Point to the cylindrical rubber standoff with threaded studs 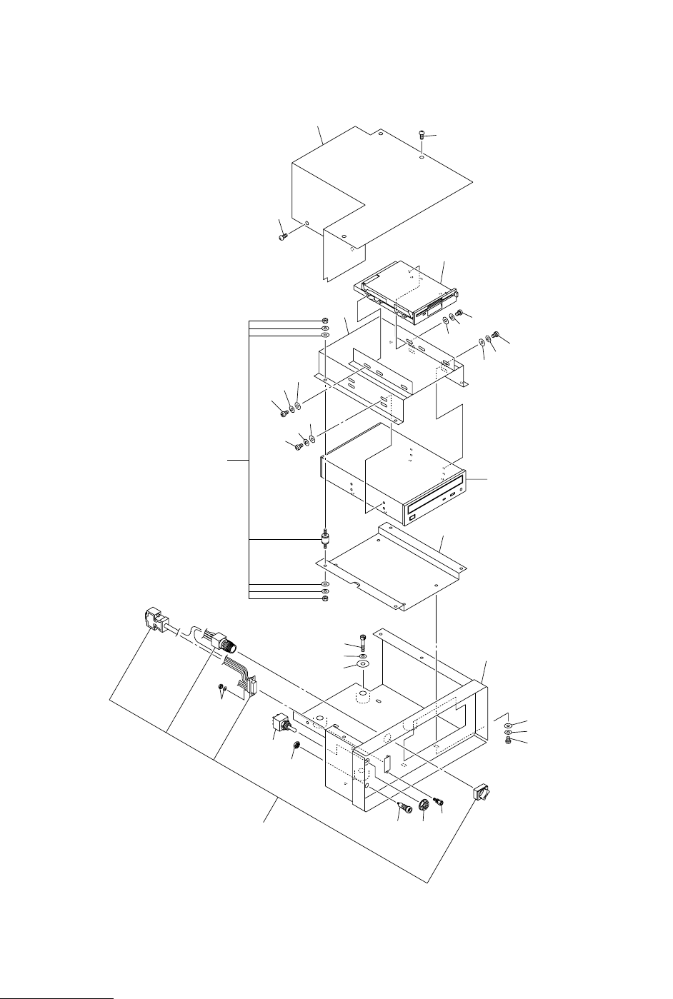pyautogui.click(x=325, y=536)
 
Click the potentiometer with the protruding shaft pyautogui.click(x=280, y=727)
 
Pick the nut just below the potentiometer pyautogui.click(x=294, y=747)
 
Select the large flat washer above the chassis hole pyautogui.click(x=362, y=665)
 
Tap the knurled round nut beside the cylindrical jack pyautogui.click(x=424, y=804)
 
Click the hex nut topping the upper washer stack pyautogui.click(x=325, y=321)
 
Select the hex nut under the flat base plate pyautogui.click(x=325, y=598)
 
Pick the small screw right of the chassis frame pyautogui.click(x=508, y=741)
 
